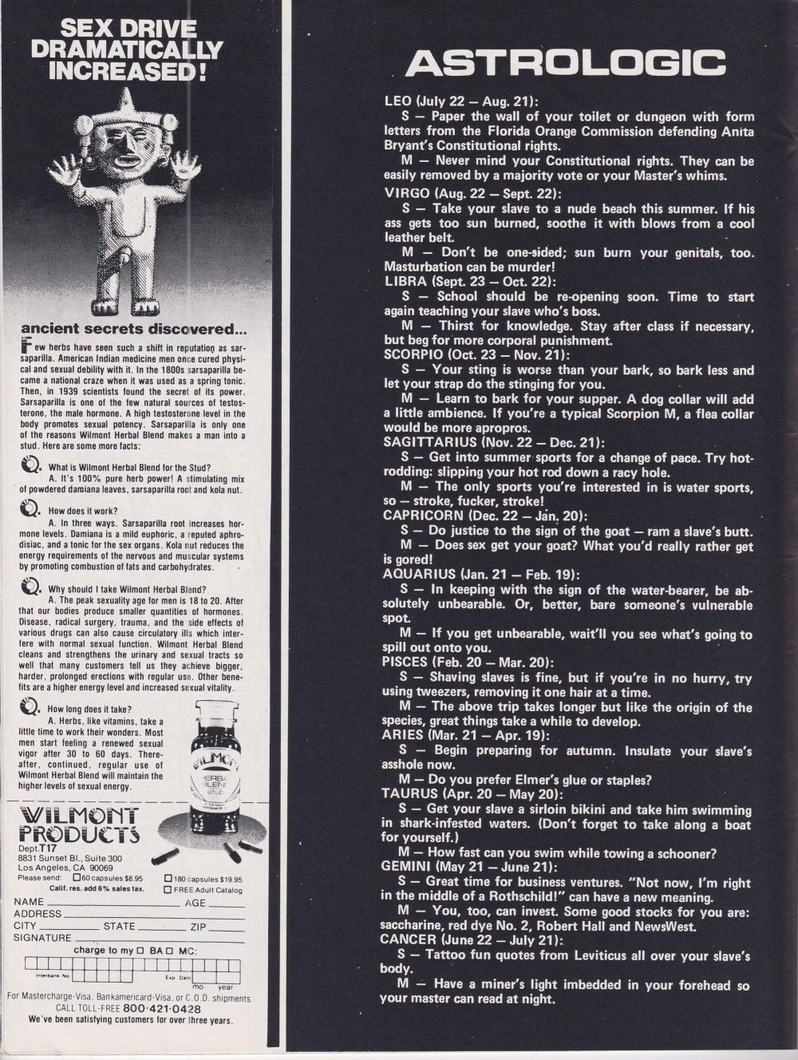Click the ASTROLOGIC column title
[x=566, y=62]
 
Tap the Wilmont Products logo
[x=78, y=825]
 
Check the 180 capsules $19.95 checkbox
[x=168, y=878]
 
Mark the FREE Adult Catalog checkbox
[x=168, y=888]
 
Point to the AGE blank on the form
[x=226, y=904]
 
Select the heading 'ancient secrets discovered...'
[x=133, y=328]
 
